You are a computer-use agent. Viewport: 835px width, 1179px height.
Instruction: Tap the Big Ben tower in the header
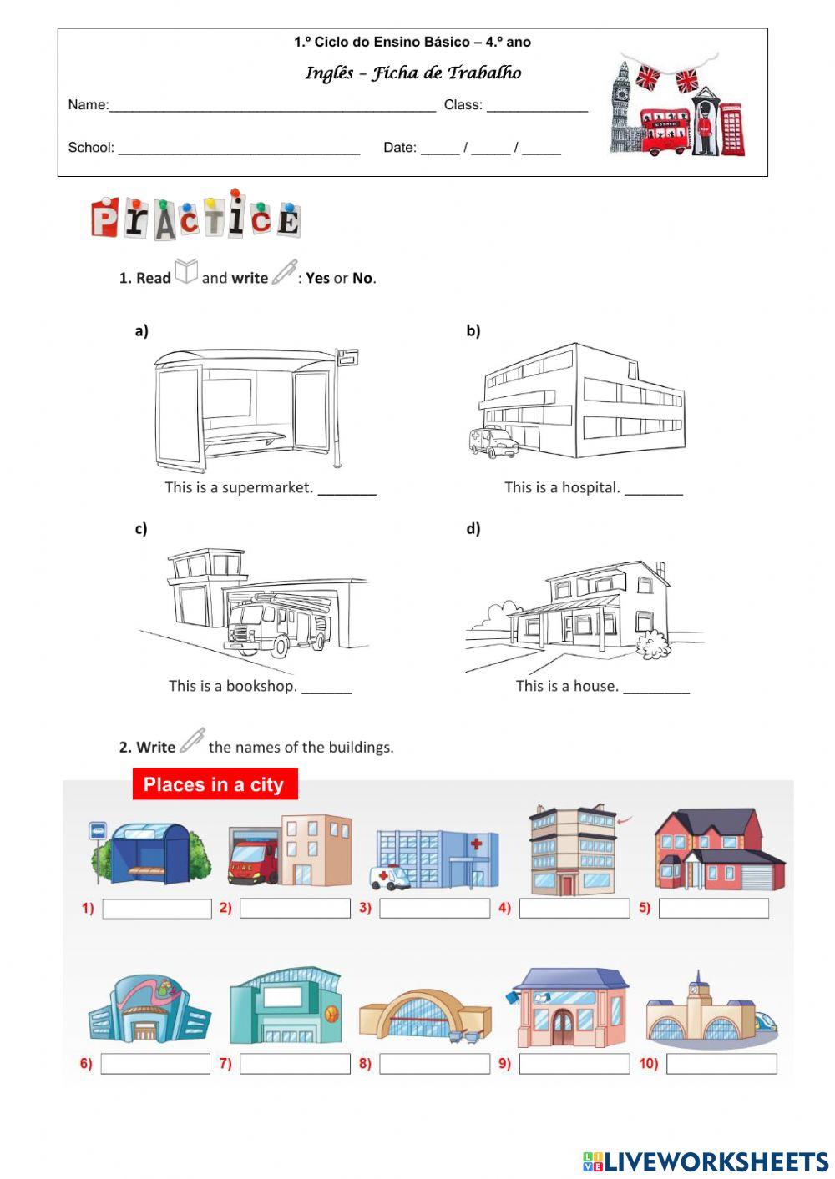pyautogui.click(x=620, y=104)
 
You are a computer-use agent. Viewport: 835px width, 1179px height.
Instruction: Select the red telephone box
pyautogui.click(x=731, y=130)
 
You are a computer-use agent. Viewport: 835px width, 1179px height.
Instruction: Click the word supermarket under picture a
pyautogui.click(x=267, y=487)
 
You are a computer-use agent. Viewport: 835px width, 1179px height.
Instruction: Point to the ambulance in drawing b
pyautogui.click(x=493, y=441)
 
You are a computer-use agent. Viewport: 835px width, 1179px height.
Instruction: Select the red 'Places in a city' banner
pyautogui.click(x=215, y=784)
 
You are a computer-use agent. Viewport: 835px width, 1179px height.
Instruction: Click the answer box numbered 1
pyautogui.click(x=157, y=909)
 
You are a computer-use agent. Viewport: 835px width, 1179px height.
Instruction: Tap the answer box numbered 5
pyautogui.click(x=713, y=909)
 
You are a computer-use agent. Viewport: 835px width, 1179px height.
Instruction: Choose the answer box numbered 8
pyautogui.click(x=434, y=1064)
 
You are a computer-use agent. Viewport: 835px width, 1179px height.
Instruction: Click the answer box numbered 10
pyautogui.click(x=721, y=1064)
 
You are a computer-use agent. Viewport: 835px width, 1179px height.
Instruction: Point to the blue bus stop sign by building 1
pyautogui.click(x=98, y=830)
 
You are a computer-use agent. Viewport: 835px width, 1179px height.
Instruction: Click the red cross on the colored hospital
pyautogui.click(x=476, y=844)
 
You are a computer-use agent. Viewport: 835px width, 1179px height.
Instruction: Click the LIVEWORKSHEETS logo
pyautogui.click(x=706, y=1161)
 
